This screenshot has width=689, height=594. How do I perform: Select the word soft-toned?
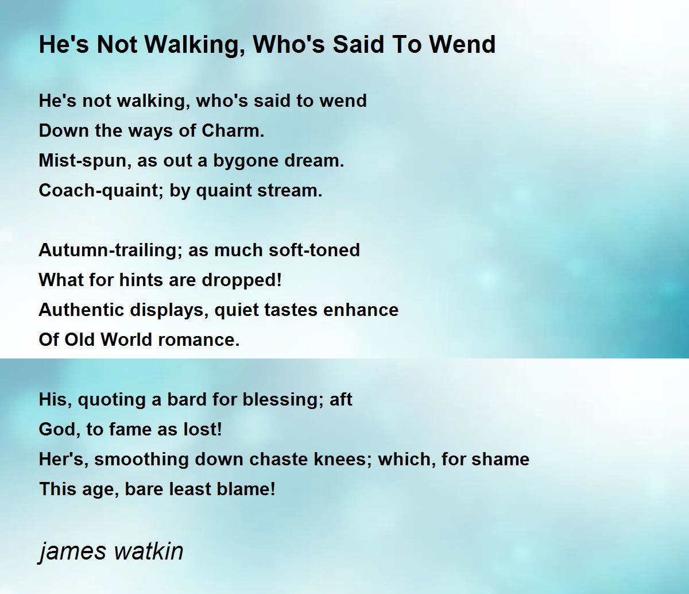(314, 250)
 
